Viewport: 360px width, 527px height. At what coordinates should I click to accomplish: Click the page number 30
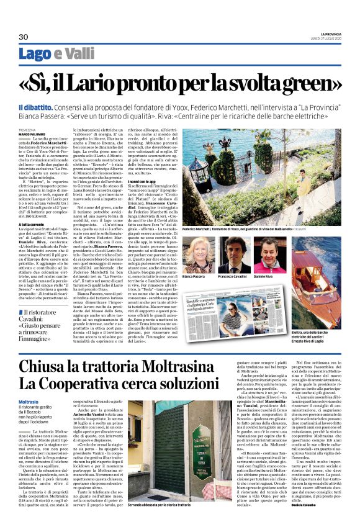point(24,37)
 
